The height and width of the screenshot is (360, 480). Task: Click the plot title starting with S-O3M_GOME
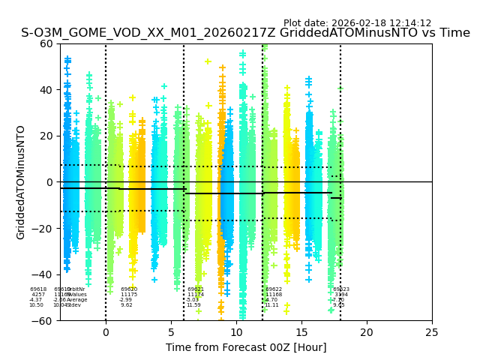coord(245,33)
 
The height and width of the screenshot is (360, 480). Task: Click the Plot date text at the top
coord(357,23)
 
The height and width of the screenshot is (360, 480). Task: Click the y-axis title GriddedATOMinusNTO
coord(21,182)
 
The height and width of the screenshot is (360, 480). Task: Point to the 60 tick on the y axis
coord(47,43)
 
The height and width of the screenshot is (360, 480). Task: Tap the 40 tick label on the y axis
coord(47,90)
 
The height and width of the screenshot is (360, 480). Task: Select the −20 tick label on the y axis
coord(44,229)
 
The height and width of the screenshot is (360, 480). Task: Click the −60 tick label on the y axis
coord(44,321)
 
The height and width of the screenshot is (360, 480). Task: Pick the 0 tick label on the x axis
coord(106,331)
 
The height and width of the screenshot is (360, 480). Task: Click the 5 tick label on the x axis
coord(171,331)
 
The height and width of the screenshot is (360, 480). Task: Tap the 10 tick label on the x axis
coord(236,331)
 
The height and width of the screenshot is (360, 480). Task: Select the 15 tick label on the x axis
coord(301,331)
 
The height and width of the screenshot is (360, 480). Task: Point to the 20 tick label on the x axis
coord(367,331)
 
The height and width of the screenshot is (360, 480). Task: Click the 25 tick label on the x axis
coord(432,331)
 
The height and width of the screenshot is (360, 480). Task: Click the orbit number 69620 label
coord(129,289)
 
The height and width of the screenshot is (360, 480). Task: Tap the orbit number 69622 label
coord(274,289)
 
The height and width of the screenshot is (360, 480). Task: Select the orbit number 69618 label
coord(38,289)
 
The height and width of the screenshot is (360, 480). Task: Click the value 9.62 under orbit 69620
coord(127,305)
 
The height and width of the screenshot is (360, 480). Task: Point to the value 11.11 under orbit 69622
coord(271,305)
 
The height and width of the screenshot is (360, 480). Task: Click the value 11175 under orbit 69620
coord(129,295)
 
